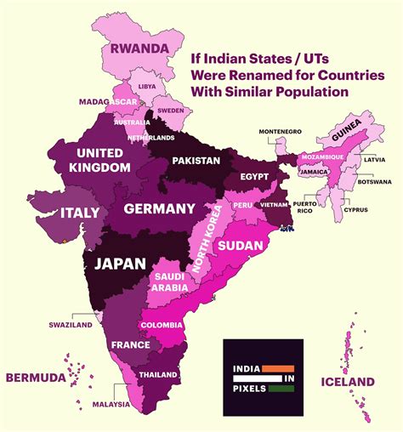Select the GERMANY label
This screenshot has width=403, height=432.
pos(160,208)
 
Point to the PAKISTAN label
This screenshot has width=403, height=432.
pos(196,160)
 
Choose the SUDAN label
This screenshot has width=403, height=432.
pos(240,246)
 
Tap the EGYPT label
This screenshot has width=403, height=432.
pos(254,176)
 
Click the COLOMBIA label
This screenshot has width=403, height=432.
pos(162,325)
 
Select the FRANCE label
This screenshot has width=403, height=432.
pos(130,345)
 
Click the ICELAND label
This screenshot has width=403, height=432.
pos(347,383)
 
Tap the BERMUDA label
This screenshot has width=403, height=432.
pos(35,376)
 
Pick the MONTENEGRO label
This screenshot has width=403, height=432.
pos(281,131)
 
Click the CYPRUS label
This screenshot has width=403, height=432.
pos(356,209)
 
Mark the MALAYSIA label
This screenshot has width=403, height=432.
pos(111,405)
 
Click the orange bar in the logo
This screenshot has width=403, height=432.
pos(278,368)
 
